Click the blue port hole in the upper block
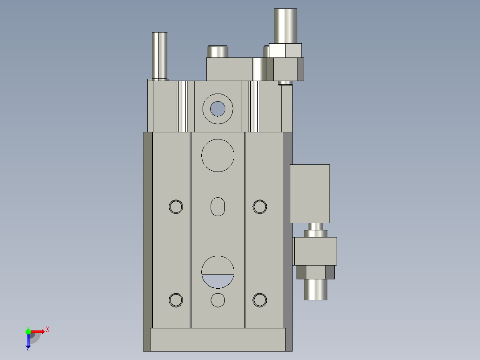pyautogui.click(x=218, y=108)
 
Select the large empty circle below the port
pyautogui.click(x=218, y=155)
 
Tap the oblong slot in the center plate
pyautogui.click(x=218, y=207)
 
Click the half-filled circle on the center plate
pyautogui.click(x=218, y=272)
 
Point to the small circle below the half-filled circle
pyautogui.click(x=218, y=300)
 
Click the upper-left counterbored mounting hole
pyautogui.click(x=176, y=206)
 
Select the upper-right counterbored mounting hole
pyautogui.click(x=260, y=206)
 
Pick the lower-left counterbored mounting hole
pyautogui.click(x=176, y=300)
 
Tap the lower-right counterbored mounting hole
pyautogui.click(x=260, y=300)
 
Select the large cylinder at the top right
pyautogui.click(x=285, y=26)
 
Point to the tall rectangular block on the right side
pyautogui.click(x=310, y=193)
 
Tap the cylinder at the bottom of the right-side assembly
pyautogui.click(x=316, y=290)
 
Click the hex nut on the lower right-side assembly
pyautogui.click(x=316, y=272)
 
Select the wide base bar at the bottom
pyautogui.click(x=218, y=340)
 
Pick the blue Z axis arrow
pyautogui.click(x=28, y=342)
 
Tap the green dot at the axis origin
pyautogui.click(x=28, y=331)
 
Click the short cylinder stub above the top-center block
pyautogui.click(x=218, y=52)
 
